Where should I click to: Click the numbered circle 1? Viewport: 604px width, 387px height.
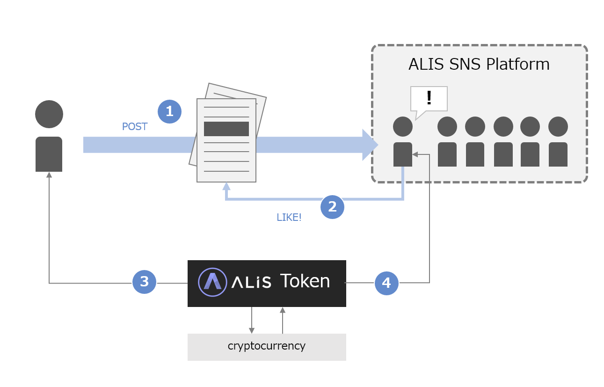(x=169, y=111)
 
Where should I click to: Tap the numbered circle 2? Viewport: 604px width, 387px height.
(x=332, y=207)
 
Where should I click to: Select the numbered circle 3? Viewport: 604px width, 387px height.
(x=144, y=282)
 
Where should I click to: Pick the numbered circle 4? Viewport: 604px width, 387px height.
(x=386, y=283)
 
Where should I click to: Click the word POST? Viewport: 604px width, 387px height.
(x=135, y=127)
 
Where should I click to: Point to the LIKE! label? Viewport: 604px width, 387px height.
(x=289, y=218)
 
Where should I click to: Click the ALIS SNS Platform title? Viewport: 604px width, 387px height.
(x=479, y=64)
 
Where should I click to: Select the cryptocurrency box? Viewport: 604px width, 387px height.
(x=267, y=347)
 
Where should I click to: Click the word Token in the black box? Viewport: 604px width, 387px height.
(x=305, y=281)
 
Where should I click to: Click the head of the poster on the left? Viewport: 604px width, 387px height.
(x=49, y=114)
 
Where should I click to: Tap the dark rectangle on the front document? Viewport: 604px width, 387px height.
(x=226, y=129)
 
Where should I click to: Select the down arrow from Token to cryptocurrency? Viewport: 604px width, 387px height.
(x=252, y=329)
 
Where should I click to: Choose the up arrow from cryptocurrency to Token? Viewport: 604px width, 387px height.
(x=283, y=310)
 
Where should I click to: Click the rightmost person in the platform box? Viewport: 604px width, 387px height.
(x=558, y=142)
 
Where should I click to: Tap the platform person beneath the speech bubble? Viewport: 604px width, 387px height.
(x=403, y=142)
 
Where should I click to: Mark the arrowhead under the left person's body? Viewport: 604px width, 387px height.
(x=49, y=175)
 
